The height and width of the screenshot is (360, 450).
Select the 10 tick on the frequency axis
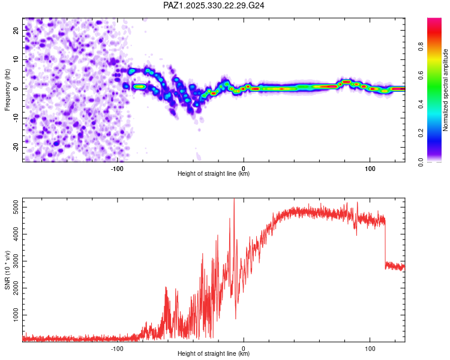(17, 59)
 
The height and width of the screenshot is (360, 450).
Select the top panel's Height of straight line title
(214, 174)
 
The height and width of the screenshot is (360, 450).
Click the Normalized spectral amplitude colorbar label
(445, 90)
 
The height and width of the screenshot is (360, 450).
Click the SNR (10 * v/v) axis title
(7, 270)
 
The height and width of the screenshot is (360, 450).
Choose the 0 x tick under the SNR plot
(244, 347)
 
